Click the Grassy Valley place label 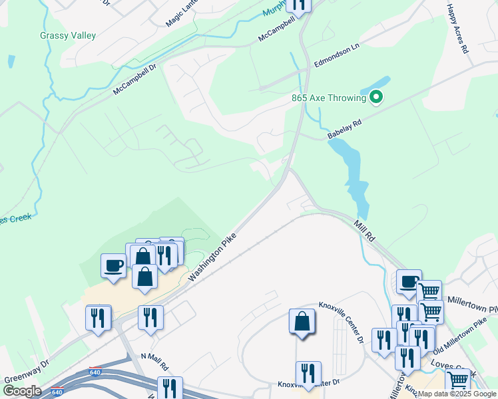[68, 35]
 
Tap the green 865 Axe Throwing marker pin [376, 98]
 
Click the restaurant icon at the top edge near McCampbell [299, 5]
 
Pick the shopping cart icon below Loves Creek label [457, 381]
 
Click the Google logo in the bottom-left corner [22, 390]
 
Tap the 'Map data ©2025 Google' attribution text [457, 394]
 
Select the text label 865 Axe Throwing [329, 98]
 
